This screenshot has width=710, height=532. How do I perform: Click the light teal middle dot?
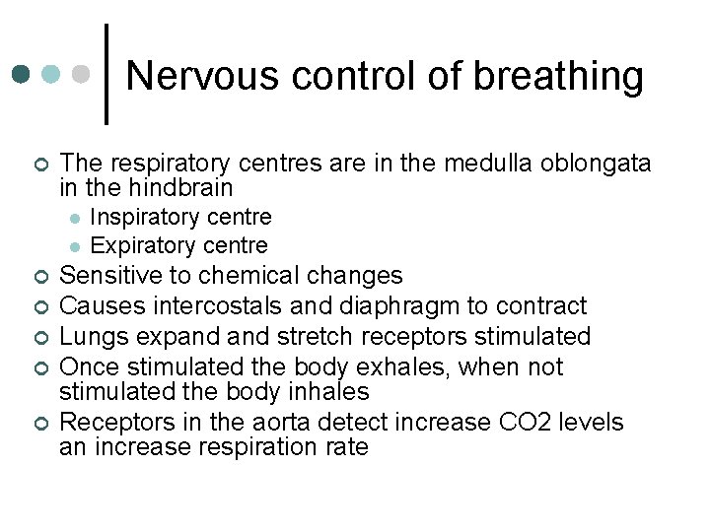click(53, 75)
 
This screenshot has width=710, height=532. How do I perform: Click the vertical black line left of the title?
click(106, 75)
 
